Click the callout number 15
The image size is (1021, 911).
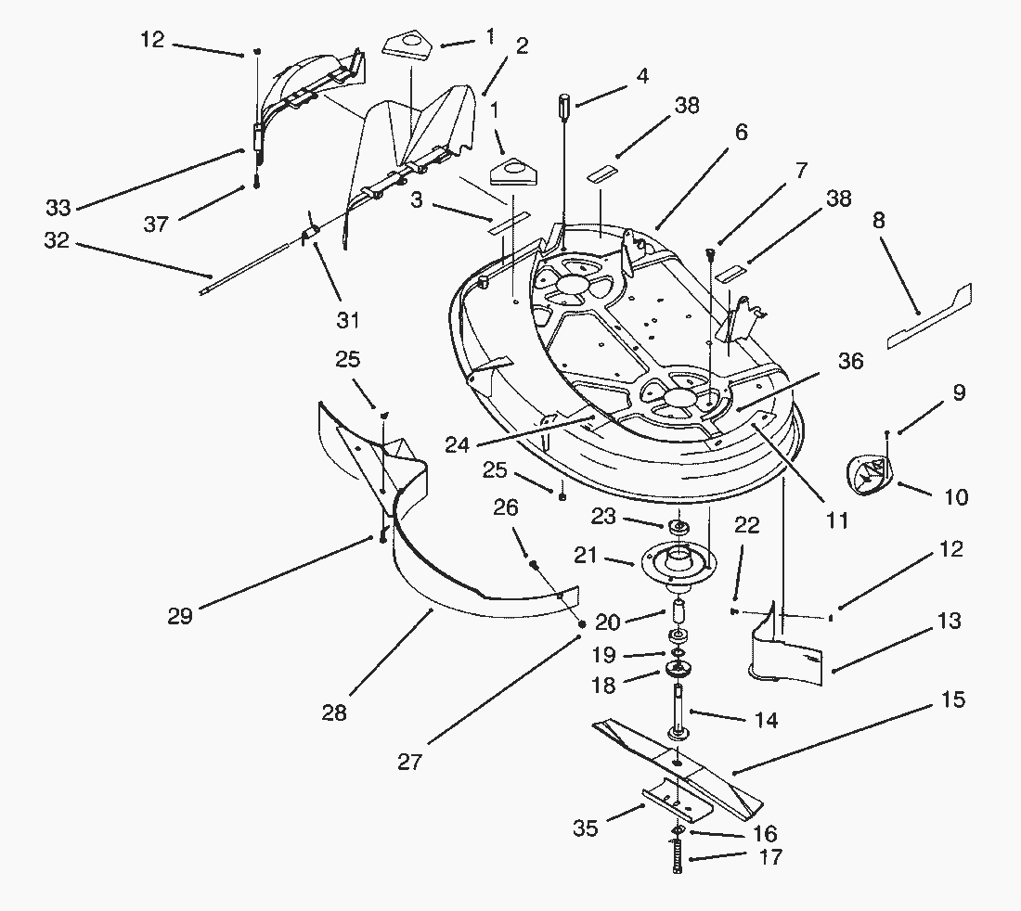pyautogui.click(x=952, y=699)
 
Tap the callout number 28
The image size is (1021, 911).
pyautogui.click(x=334, y=712)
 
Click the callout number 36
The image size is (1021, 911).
pyautogui.click(x=850, y=361)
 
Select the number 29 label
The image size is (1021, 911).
pyautogui.click(x=180, y=615)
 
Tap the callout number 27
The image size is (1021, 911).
pyautogui.click(x=410, y=763)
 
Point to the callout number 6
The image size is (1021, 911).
pyautogui.click(x=740, y=133)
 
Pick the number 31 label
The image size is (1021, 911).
pyautogui.click(x=348, y=320)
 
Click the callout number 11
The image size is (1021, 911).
pyautogui.click(x=837, y=520)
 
